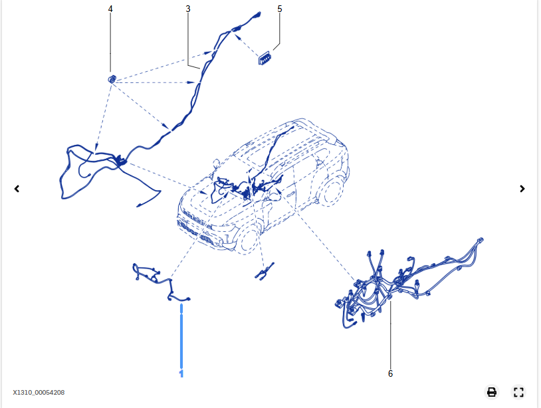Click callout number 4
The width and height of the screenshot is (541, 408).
[x=110, y=9]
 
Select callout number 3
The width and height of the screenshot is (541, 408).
[x=188, y=9]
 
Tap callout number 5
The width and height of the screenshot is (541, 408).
[x=279, y=9]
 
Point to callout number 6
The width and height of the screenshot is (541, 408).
[x=390, y=373]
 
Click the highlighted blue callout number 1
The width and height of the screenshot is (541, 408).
[x=181, y=374]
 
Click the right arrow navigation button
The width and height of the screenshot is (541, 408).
[x=522, y=189]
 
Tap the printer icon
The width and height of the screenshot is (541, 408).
[x=492, y=392]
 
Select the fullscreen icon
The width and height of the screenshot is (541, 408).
[x=519, y=392]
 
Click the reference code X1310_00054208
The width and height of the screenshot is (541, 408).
[x=39, y=393]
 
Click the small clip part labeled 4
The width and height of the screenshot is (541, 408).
[x=112, y=79]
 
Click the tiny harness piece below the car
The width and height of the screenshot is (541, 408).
[x=264, y=272]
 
